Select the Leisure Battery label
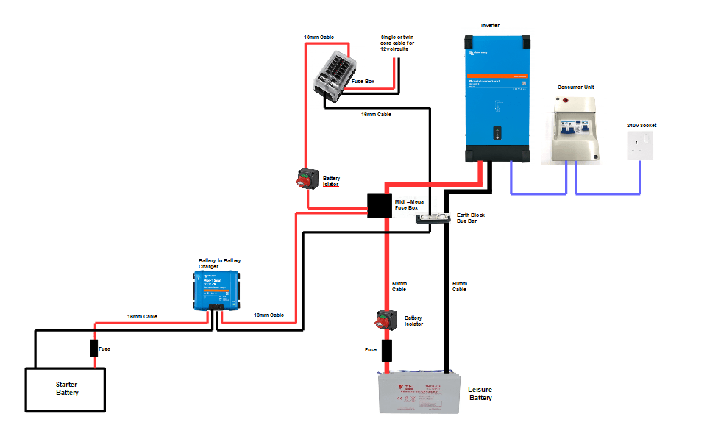[480, 393]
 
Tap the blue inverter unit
[497, 97]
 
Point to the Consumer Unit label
[575, 87]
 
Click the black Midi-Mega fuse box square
[380, 206]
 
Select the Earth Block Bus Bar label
[471, 218]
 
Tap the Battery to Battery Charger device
[218, 289]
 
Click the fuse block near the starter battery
[94, 349]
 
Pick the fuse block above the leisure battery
[387, 350]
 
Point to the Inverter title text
[489, 25]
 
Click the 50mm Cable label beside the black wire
[459, 286]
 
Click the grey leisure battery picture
[419, 393]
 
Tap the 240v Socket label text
[641, 125]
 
